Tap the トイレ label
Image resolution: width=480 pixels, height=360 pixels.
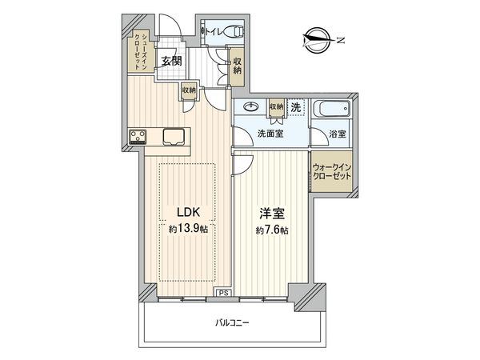pyautogui.click(x=215, y=32)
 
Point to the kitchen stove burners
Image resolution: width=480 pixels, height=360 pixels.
pyautogui.click(x=137, y=136)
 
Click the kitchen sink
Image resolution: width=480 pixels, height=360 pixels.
pyautogui.click(x=174, y=136)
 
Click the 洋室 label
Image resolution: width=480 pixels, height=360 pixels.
pyautogui.click(x=270, y=214)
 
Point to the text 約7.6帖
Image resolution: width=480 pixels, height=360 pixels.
pyautogui.click(x=271, y=230)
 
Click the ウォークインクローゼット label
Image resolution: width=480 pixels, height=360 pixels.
pyautogui.click(x=331, y=171)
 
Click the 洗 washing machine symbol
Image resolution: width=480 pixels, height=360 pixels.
pyautogui.click(x=295, y=107)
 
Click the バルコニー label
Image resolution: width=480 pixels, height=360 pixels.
pyautogui.click(x=234, y=322)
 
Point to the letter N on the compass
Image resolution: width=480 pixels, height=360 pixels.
pyautogui.click(x=339, y=38)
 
